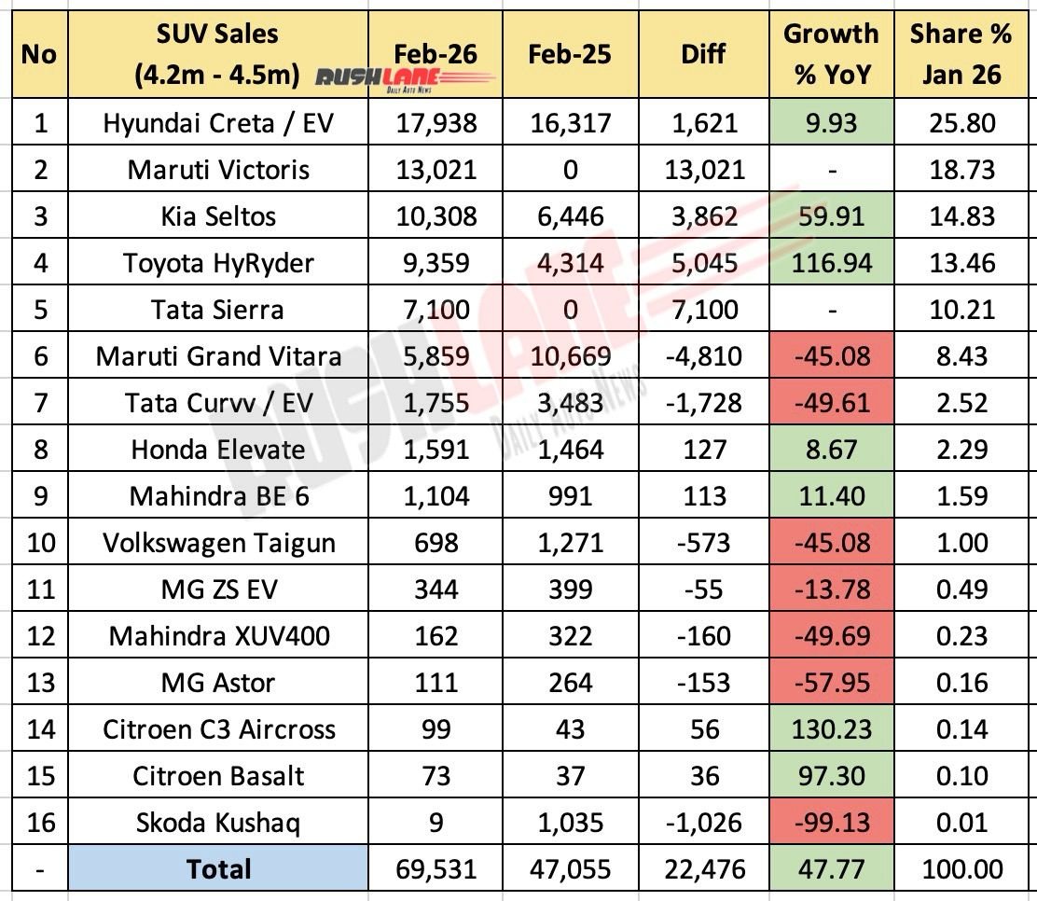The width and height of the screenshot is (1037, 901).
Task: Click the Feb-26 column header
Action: coord(436,53)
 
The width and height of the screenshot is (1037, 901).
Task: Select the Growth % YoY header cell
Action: coord(831,53)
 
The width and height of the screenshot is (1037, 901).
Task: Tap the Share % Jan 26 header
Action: coord(961,53)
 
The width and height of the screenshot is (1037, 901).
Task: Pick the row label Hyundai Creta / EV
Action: coord(219,123)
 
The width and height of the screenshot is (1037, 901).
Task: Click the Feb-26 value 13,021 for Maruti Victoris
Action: coord(436,170)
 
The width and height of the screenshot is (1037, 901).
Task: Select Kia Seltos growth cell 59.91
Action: coord(831,216)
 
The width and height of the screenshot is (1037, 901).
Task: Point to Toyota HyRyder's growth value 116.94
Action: coord(831,263)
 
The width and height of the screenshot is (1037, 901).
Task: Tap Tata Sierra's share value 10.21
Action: coord(961,310)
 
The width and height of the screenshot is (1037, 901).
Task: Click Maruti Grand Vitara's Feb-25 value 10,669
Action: coord(570,356)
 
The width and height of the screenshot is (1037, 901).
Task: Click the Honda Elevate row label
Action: coord(219,450)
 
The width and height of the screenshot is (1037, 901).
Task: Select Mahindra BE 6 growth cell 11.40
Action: coord(831,496)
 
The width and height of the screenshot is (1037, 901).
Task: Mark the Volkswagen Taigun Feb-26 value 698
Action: coord(436,543)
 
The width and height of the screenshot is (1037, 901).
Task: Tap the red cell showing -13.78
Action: coord(831,589)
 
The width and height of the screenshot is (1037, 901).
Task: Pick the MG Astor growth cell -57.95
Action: coord(831,683)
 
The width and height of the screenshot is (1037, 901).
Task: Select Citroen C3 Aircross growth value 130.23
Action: coord(831,729)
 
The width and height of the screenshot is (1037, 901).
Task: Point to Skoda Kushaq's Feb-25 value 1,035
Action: coord(570,823)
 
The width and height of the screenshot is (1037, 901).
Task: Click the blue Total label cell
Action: coord(219,869)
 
